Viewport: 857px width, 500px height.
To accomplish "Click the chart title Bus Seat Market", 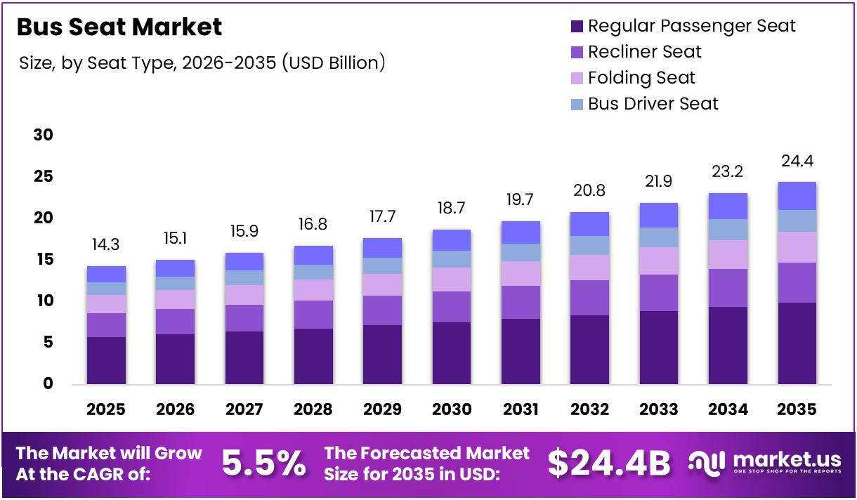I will click(119, 27).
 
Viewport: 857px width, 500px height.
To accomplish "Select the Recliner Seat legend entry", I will click(644, 52).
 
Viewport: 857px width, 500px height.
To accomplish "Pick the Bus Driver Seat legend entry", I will click(653, 104).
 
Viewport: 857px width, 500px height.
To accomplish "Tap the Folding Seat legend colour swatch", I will click(577, 78).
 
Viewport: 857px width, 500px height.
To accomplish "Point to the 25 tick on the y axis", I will click(44, 176).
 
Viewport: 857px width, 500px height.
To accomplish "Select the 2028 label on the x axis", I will click(313, 409).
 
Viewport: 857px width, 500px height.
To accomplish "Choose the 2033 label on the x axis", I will click(659, 409).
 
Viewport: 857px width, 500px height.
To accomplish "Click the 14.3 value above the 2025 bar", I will click(106, 246).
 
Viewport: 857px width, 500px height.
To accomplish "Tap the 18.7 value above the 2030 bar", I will click(452, 209).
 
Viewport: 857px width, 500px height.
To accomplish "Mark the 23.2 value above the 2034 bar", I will click(728, 172).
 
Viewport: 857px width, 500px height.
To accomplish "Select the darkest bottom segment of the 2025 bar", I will click(106, 360).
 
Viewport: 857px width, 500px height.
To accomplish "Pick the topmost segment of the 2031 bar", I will click(521, 232).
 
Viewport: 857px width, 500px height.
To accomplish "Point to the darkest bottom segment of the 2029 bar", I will click(382, 355).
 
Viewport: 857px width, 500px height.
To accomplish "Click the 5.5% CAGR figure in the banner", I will click(263, 463).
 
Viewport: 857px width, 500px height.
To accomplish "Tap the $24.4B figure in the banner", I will click(609, 463).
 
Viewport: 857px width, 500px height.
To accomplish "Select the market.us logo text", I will click(787, 459).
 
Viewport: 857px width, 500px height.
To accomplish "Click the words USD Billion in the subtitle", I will click(333, 63).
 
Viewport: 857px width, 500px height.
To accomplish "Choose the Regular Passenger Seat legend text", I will click(691, 26).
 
